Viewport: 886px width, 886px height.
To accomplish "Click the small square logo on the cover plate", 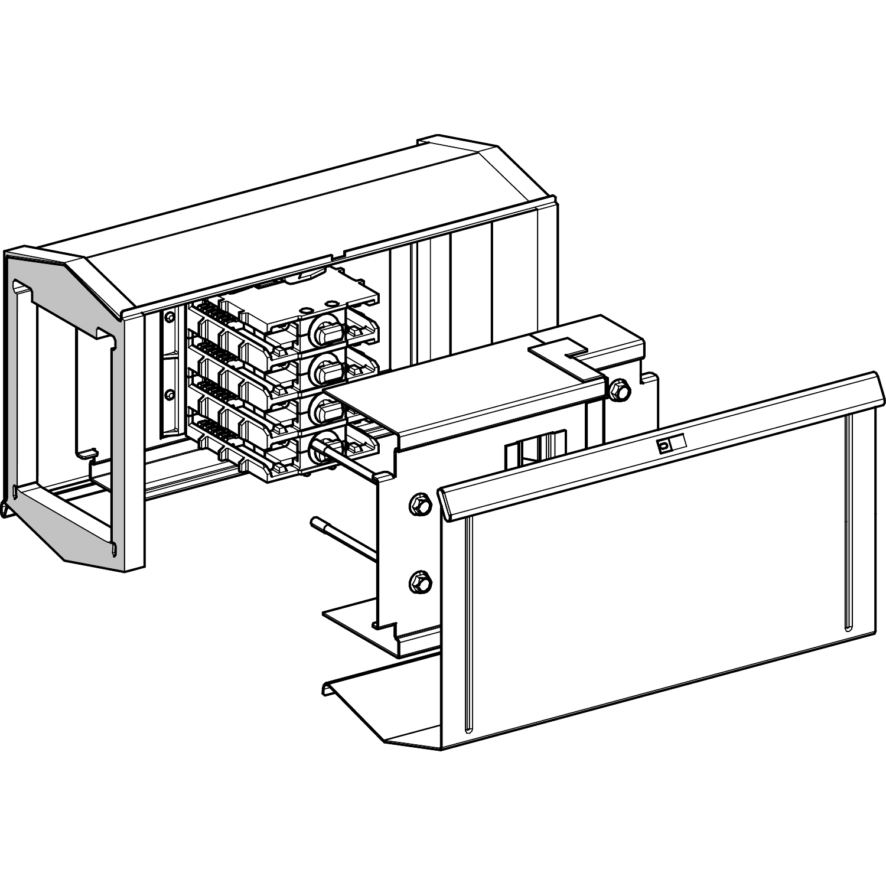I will [664, 447].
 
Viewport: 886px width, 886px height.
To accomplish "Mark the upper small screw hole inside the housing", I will [170, 318].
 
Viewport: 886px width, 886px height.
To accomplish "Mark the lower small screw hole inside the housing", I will [170, 394].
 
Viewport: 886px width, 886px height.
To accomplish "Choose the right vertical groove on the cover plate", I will [848, 520].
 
